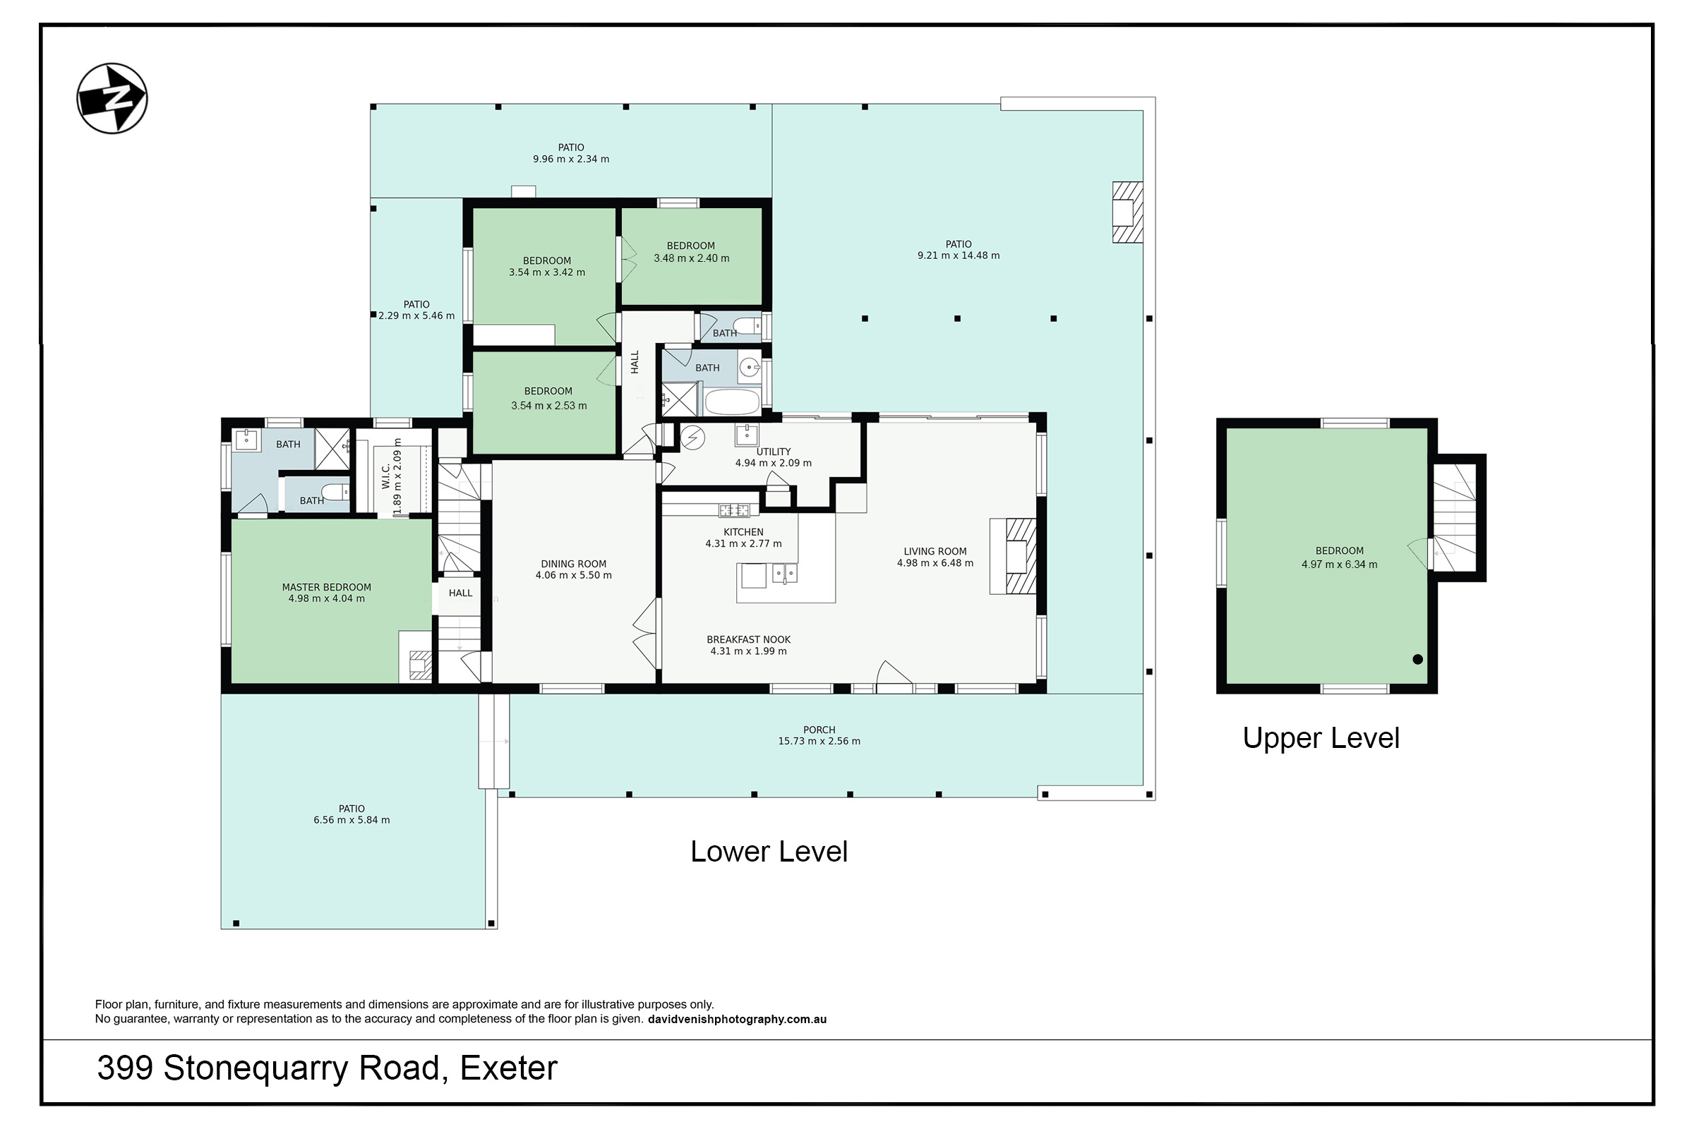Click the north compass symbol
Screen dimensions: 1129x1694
pyautogui.click(x=112, y=98)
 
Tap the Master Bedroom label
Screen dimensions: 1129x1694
pyautogui.click(x=326, y=588)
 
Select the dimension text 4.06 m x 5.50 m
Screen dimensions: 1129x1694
pyautogui.click(x=573, y=575)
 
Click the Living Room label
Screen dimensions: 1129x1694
pyautogui.click(x=935, y=552)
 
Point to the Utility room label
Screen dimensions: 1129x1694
pyautogui.click(x=774, y=452)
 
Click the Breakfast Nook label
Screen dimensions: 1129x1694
pyautogui.click(x=748, y=639)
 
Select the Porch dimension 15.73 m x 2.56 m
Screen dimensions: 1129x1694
pyautogui.click(x=819, y=741)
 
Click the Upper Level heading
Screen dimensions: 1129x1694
pyautogui.click(x=1320, y=738)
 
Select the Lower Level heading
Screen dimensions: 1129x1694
pyautogui.click(x=769, y=852)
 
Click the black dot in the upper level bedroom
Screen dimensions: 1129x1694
pyautogui.click(x=1417, y=659)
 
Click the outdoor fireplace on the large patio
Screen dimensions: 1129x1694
pyautogui.click(x=1127, y=212)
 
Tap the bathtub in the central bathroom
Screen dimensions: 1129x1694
pyautogui.click(x=732, y=402)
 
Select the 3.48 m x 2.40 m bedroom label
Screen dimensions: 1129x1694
pyautogui.click(x=691, y=258)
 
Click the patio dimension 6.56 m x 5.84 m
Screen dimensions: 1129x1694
pyautogui.click(x=352, y=820)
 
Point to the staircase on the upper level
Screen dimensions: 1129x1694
pyautogui.click(x=1454, y=517)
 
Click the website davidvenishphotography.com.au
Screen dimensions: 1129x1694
pyautogui.click(x=737, y=1019)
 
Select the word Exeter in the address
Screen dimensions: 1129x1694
pyautogui.click(x=508, y=1068)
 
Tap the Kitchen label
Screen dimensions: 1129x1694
pyautogui.click(x=743, y=532)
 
